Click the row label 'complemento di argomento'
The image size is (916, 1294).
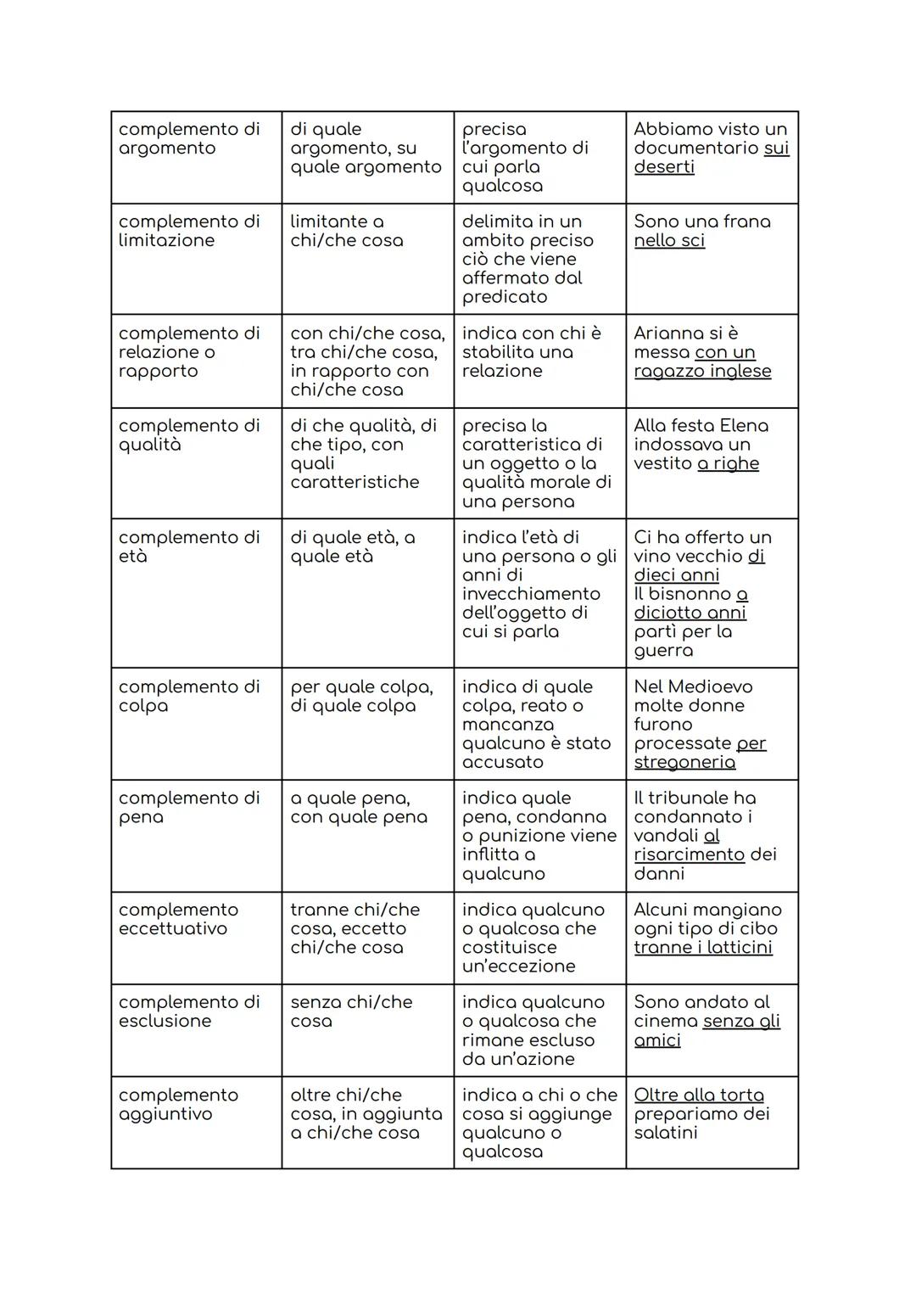pos(188,138)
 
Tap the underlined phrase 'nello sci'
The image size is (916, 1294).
pos(669,240)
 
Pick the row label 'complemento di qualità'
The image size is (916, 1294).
pos(188,435)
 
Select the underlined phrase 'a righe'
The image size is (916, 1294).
pos(728,464)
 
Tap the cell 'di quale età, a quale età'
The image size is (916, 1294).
pos(352,546)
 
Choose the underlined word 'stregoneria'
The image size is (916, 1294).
pos(684,762)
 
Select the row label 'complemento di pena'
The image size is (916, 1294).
pos(188,807)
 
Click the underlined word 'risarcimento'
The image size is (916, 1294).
pos(689,854)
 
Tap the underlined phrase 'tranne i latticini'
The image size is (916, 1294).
pos(702,948)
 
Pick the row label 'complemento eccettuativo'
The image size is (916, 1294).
pos(178,919)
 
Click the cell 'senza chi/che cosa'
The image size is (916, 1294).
pos(350,1011)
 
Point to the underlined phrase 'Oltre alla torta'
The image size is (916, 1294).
pos(698,1095)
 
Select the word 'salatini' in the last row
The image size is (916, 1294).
pos(665,1133)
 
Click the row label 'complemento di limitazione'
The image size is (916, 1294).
pos(188,231)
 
